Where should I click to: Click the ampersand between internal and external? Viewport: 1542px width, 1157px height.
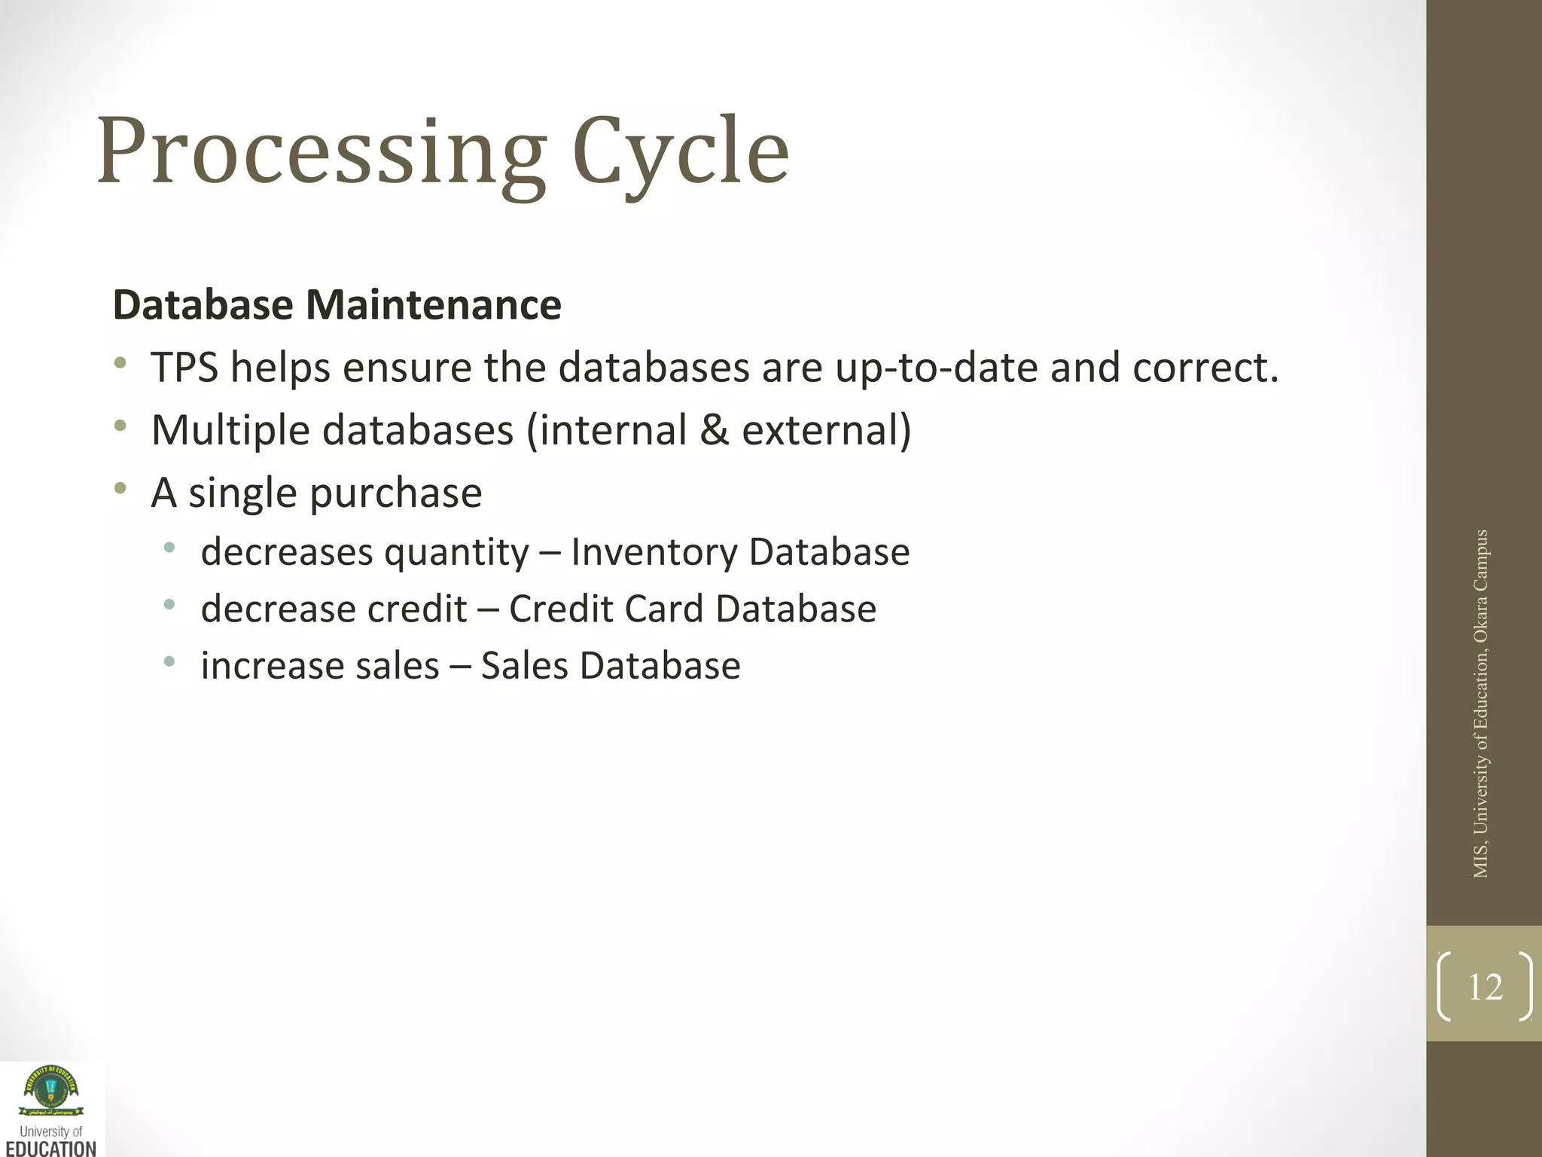click(714, 430)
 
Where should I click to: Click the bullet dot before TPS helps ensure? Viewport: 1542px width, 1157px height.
click(120, 364)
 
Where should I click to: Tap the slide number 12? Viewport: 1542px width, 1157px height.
click(1485, 987)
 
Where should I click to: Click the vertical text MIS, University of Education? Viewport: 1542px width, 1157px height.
click(1481, 704)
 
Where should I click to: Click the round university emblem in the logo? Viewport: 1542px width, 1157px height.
click(51, 1088)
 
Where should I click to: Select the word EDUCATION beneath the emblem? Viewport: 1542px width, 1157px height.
click(51, 1148)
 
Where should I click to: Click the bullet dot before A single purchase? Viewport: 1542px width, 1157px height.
click(120, 489)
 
